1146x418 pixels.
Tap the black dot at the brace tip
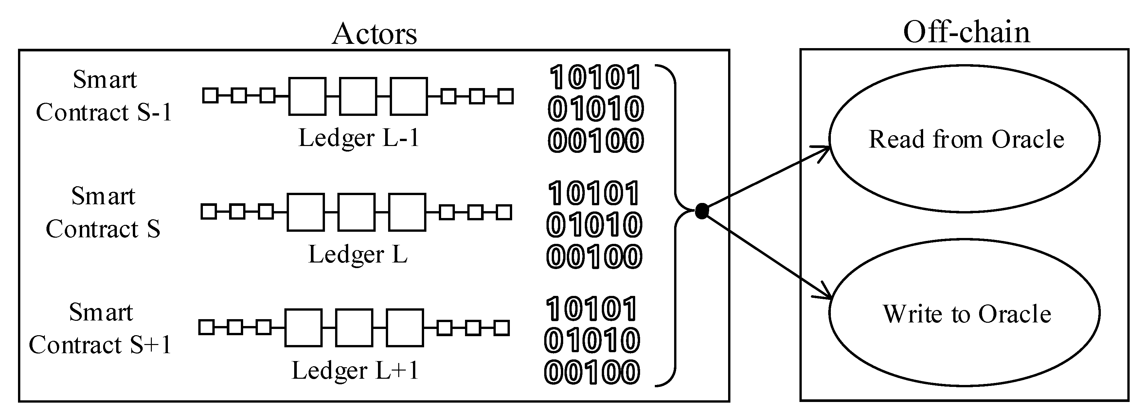click(x=702, y=211)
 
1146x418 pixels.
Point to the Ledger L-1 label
click(x=359, y=138)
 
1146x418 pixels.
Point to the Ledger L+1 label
click(x=355, y=370)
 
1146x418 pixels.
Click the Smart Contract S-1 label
click(x=104, y=96)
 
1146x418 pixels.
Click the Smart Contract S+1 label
click(x=100, y=329)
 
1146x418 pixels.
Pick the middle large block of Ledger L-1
click(x=358, y=96)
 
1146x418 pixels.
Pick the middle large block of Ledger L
click(x=356, y=212)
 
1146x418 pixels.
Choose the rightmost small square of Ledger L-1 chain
click(x=505, y=96)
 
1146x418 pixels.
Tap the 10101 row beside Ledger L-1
click(x=595, y=78)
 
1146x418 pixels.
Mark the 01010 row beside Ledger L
click(x=594, y=225)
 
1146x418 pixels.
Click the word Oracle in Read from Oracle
click(x=1028, y=139)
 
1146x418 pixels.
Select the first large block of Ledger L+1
click(x=303, y=328)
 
